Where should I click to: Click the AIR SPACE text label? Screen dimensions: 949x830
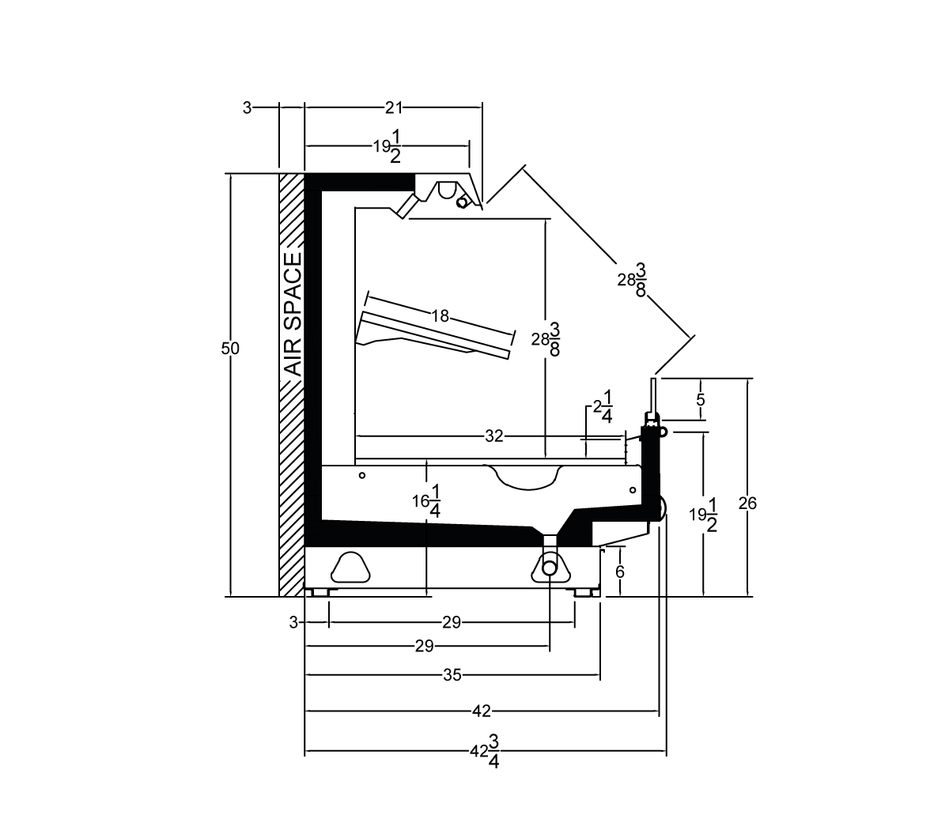point(293,315)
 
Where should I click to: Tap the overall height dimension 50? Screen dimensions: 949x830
point(230,349)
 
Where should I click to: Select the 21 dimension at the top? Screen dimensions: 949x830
point(394,108)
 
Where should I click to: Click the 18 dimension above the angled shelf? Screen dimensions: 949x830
point(440,315)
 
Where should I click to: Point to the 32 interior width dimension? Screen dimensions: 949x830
point(494,436)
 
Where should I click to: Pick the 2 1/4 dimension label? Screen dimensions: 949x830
point(603,406)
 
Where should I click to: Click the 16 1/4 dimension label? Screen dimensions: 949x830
point(427,501)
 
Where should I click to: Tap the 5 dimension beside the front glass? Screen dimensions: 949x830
point(701,400)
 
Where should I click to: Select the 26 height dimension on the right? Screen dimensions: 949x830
point(747,503)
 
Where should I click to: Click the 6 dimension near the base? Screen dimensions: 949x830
point(620,572)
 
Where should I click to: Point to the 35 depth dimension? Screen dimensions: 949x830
point(452,675)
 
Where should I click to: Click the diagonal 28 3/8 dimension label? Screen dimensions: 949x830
point(632,280)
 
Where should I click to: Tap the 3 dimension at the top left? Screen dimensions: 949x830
point(248,108)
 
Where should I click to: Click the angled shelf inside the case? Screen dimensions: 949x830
point(433,336)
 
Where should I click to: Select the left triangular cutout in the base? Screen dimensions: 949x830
point(351,568)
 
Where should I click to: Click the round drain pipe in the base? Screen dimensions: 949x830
point(549,568)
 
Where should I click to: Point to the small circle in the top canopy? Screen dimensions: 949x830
point(462,202)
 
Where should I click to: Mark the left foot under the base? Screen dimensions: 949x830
point(317,593)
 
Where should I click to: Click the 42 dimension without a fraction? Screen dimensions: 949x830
point(482,711)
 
